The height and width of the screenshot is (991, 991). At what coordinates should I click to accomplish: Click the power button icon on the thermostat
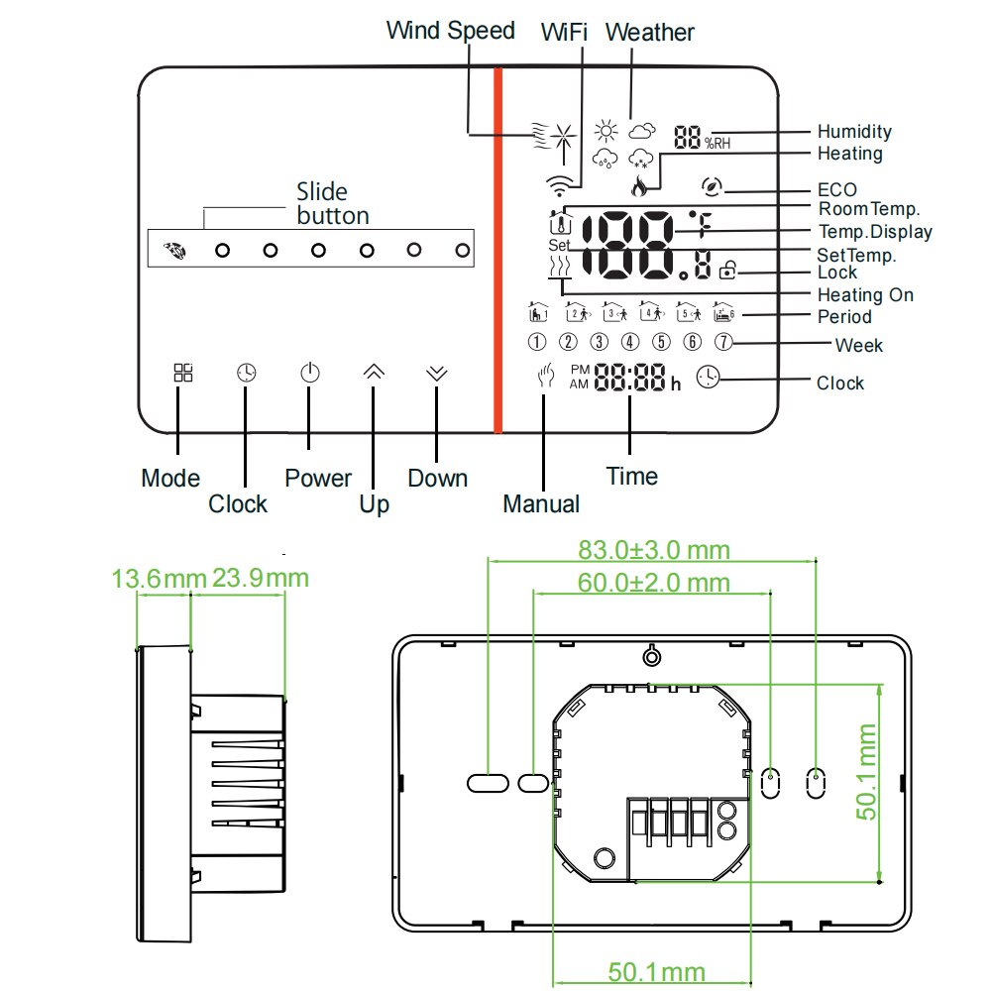pos(310,374)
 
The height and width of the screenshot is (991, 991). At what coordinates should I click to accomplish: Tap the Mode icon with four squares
pos(183,373)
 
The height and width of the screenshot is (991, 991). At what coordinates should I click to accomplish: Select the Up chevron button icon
pos(374,373)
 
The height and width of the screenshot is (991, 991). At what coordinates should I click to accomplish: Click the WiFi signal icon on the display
pos(559,184)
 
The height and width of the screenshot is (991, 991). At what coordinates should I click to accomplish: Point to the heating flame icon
pos(639,183)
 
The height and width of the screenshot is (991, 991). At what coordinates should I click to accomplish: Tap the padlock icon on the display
pos(729,269)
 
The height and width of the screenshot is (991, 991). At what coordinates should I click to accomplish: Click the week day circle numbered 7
pos(723,343)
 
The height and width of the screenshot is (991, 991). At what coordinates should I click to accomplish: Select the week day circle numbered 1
pos(537,343)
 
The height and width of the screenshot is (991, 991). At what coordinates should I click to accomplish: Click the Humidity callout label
pos(853,132)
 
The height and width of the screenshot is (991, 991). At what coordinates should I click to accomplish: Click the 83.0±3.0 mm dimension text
pos(653,550)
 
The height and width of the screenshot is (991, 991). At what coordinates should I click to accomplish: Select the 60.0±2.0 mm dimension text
pos(653,583)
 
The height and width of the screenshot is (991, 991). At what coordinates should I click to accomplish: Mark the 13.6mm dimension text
pos(159,578)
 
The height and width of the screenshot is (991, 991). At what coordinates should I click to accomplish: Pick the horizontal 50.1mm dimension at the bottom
pos(656,971)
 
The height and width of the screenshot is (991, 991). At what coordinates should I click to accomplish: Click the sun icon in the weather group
pos(606,131)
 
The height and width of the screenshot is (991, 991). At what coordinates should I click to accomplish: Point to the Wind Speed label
pos(450,31)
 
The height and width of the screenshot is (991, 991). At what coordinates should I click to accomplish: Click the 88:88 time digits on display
pos(630,379)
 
